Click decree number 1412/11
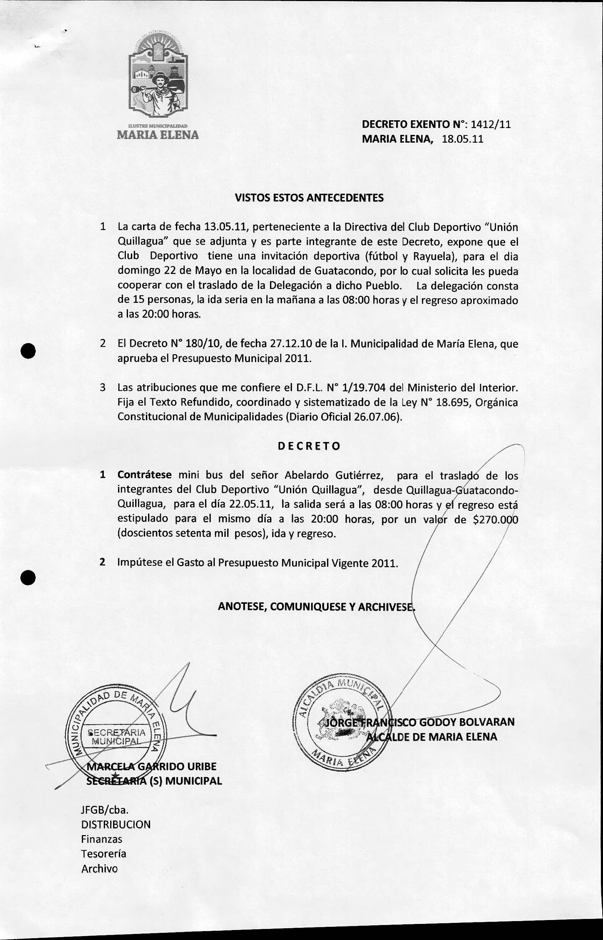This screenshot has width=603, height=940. [x=490, y=125]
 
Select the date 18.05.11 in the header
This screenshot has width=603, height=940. [x=463, y=139]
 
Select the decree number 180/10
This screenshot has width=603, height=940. [x=201, y=344]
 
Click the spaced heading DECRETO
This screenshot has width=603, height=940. [x=309, y=446]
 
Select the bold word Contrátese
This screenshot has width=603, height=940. [x=144, y=475]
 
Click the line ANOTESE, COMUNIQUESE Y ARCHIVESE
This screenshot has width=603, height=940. [x=316, y=607]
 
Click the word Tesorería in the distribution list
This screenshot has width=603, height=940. [x=103, y=854]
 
